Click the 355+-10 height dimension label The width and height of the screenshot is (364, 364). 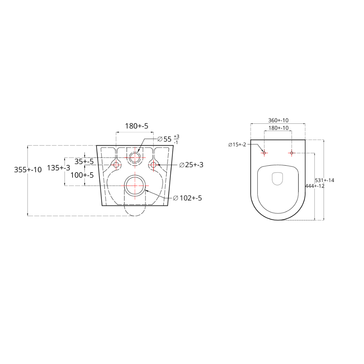pyautogui.click(x=28, y=170)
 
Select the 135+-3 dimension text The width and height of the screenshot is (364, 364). pyautogui.click(x=59, y=167)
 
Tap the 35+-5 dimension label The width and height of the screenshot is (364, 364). pyautogui.click(x=84, y=161)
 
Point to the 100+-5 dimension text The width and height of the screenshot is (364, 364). pyautogui.click(x=82, y=175)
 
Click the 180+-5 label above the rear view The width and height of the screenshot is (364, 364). pyautogui.click(x=136, y=126)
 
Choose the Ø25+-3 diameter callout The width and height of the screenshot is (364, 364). pyautogui.click(x=191, y=165)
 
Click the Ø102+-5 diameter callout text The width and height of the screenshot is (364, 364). pyautogui.click(x=187, y=198)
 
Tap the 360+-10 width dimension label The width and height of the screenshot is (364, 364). pyautogui.click(x=278, y=120)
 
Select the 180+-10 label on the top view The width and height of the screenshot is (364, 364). pyautogui.click(x=278, y=128)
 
